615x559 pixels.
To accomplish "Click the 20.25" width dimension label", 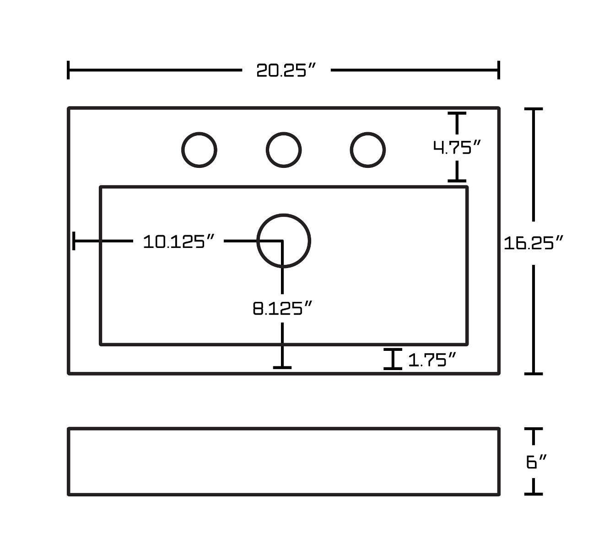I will [x=286, y=70].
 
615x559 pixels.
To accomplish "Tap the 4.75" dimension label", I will [x=457, y=147].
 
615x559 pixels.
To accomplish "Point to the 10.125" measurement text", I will [x=178, y=241].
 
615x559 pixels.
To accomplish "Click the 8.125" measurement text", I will [x=282, y=308].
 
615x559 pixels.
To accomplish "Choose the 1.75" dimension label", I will [x=432, y=360].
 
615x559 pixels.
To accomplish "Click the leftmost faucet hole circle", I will [x=199, y=150].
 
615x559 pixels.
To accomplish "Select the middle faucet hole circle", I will [x=283, y=150].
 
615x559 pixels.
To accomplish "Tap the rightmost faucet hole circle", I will [x=367, y=150].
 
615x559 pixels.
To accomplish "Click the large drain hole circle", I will [x=284, y=240].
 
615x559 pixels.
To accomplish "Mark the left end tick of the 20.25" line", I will [x=69, y=70].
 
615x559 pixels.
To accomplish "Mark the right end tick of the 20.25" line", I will [x=498, y=70].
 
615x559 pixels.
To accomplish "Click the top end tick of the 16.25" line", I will [x=533, y=109].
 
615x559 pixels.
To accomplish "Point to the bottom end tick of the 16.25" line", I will [x=533, y=373].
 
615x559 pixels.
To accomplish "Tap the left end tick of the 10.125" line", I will [x=74, y=241].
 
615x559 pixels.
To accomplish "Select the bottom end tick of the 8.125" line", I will [x=282, y=367].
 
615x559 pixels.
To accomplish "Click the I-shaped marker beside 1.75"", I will [x=393, y=359].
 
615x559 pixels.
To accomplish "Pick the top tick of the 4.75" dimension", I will [x=457, y=113].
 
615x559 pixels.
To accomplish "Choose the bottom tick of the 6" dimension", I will [x=533, y=494].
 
